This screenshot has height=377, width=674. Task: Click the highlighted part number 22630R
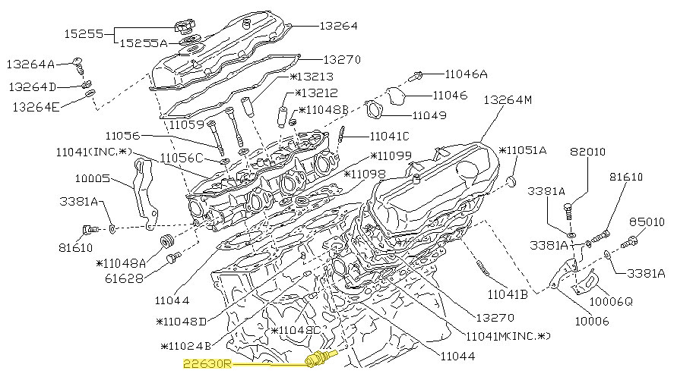click(207, 364)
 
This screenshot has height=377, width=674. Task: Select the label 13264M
click(508, 99)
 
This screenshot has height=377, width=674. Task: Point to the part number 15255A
click(142, 44)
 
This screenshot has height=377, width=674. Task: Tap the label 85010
click(647, 222)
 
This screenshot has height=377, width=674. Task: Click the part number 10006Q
click(612, 300)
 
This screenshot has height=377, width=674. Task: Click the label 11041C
click(389, 137)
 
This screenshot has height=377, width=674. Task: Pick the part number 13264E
click(35, 107)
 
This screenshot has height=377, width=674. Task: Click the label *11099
click(391, 156)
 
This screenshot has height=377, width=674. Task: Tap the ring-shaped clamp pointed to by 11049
click(375, 110)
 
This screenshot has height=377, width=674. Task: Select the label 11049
click(429, 116)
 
